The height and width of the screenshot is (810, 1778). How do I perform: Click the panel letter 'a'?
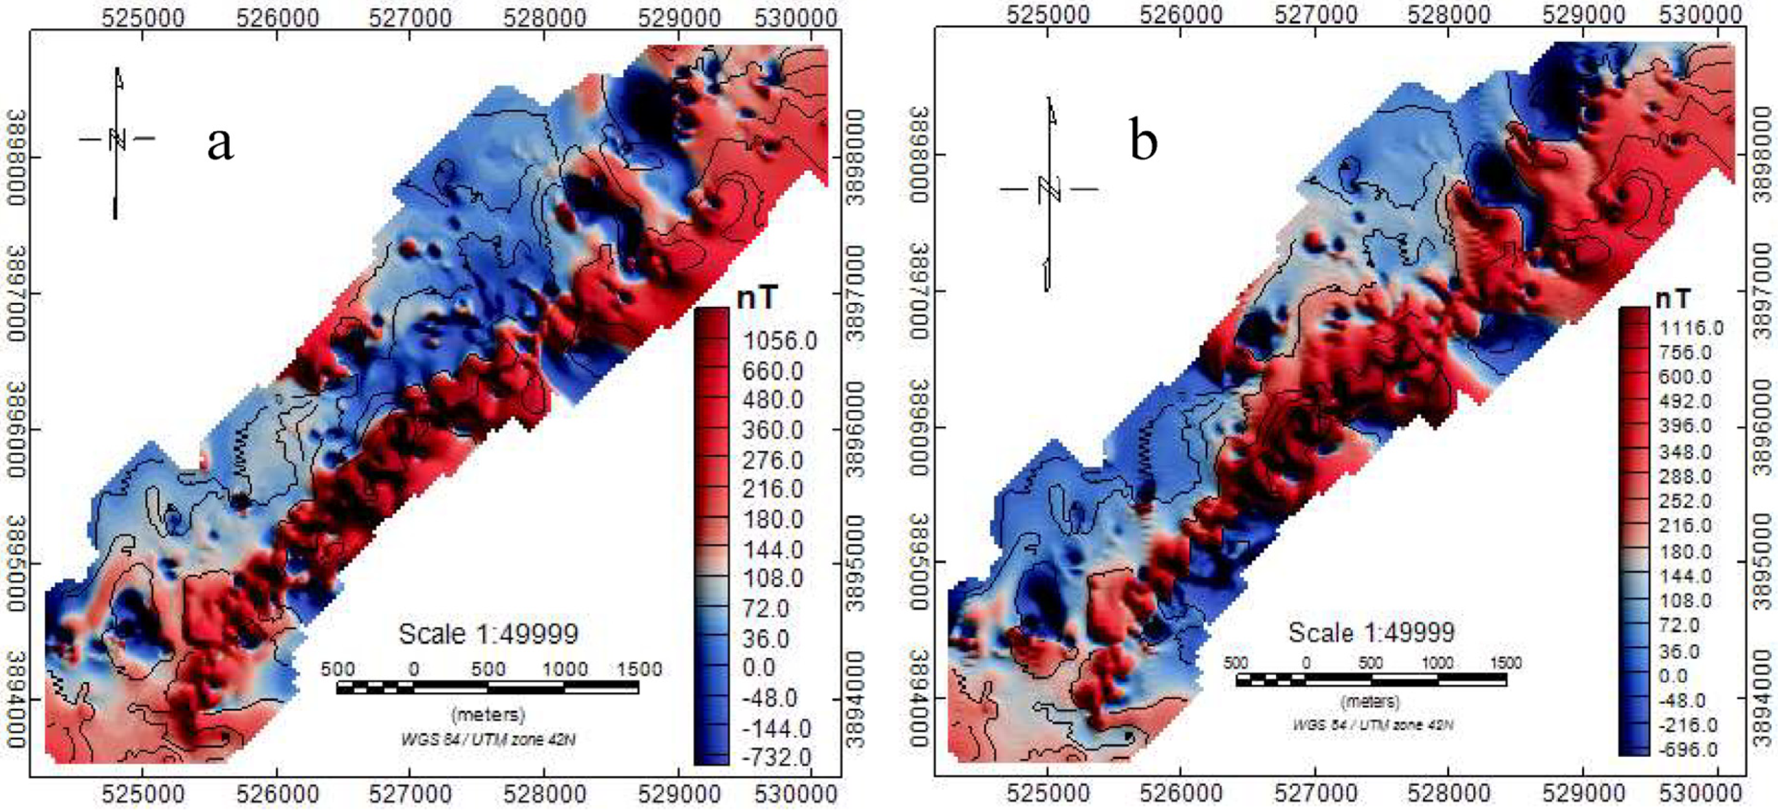(220, 144)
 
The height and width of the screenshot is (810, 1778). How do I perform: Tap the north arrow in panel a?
(118, 141)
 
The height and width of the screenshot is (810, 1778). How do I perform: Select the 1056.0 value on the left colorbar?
(779, 341)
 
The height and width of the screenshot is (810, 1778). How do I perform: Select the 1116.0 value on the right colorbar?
(1691, 328)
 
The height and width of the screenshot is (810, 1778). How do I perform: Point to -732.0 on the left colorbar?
(776, 757)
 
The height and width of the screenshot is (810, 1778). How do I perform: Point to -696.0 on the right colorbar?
(1689, 749)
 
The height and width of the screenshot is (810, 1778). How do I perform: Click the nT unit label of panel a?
(757, 297)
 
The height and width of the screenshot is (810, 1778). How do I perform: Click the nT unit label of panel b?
(1673, 299)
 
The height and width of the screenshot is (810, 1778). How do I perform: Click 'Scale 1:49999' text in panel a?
(488, 634)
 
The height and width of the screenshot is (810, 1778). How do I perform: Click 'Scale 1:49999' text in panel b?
(1372, 632)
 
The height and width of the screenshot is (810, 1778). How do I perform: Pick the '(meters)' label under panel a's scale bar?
(488, 714)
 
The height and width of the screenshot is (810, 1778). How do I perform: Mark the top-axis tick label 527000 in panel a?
(410, 17)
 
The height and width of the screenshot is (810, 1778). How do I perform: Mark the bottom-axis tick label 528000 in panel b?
(1449, 793)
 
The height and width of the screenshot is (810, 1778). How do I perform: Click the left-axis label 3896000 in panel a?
(15, 429)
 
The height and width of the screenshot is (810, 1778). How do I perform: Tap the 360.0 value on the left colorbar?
(772, 430)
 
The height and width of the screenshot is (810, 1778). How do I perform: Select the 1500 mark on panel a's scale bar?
(639, 669)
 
